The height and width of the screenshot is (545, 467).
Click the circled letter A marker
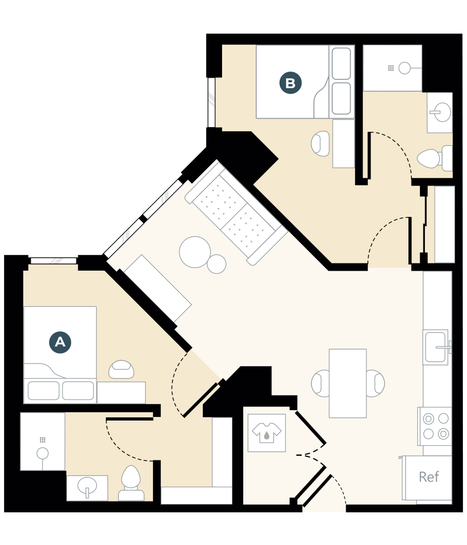[60, 342]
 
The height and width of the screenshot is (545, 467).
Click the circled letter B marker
[291, 83]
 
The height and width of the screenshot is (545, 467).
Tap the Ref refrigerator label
[429, 477]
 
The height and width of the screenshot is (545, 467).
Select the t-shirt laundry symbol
[267, 432]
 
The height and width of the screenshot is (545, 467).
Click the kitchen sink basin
[435, 347]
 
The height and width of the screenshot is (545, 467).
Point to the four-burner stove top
[435, 426]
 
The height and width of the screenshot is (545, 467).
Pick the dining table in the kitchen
[348, 383]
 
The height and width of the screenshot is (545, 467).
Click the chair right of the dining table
[375, 384]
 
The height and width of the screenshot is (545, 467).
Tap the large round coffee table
[195, 252]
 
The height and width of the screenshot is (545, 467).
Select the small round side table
[217, 264]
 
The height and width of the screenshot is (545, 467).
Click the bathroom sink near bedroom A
[87, 487]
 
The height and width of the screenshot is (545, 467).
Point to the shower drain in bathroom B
[404, 67]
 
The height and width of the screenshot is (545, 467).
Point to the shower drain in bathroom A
[43, 453]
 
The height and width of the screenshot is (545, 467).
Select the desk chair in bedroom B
[321, 143]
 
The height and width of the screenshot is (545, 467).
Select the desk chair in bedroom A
[121, 369]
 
